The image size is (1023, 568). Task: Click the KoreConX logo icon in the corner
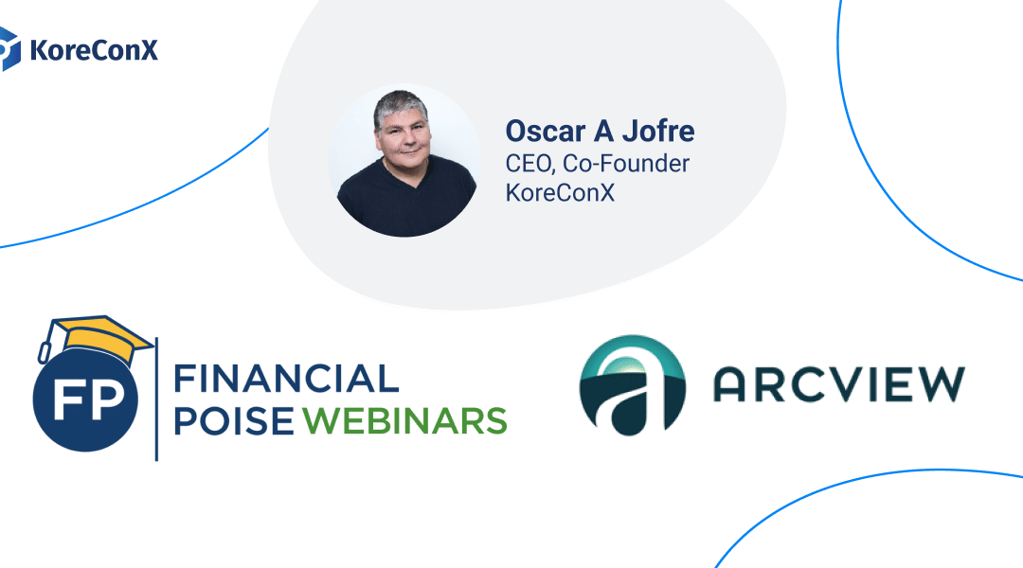click(x=9, y=48)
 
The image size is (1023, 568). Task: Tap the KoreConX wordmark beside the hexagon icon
click(x=93, y=49)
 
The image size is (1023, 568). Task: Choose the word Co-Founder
click(x=626, y=163)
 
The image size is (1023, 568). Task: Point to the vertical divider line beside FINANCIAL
click(x=156, y=398)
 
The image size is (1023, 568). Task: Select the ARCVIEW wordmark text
click(x=837, y=382)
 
